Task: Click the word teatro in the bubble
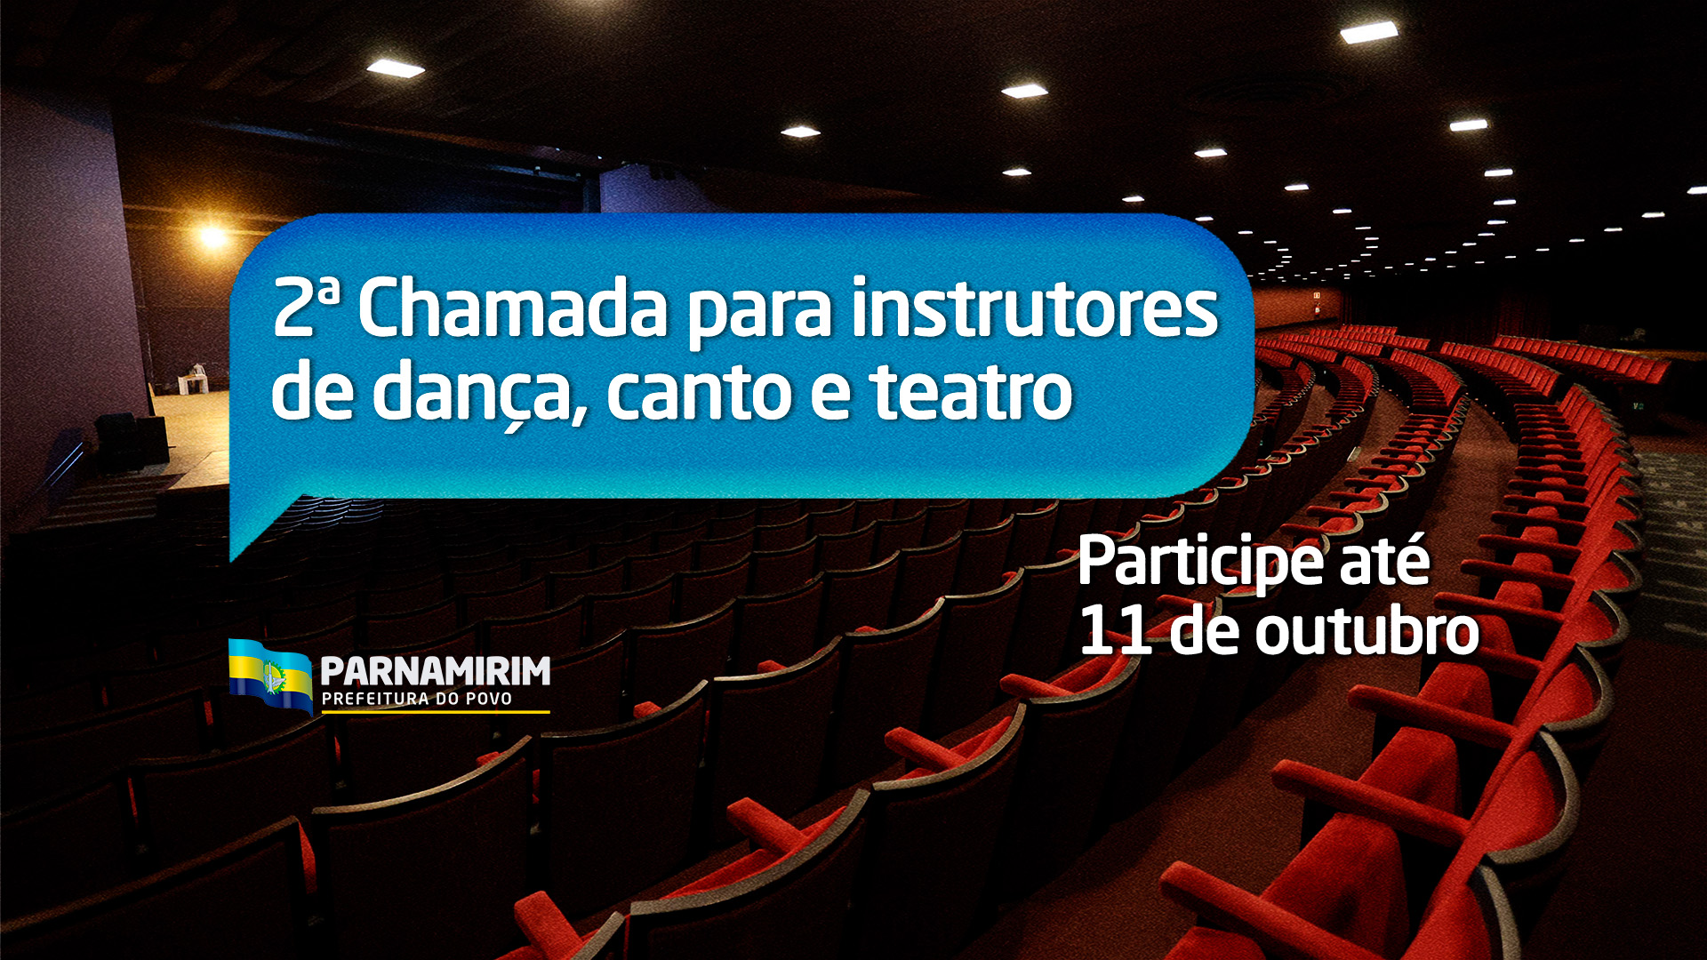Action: coord(971,393)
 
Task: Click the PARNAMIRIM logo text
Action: coord(435,672)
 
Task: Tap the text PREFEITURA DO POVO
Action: coord(416,700)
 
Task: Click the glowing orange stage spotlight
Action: coord(212,236)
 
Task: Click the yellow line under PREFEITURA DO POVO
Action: coord(435,712)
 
